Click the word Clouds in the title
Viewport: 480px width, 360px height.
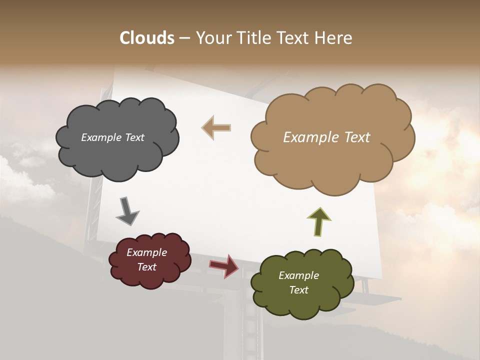point(147,38)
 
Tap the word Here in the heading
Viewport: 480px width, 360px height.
point(334,38)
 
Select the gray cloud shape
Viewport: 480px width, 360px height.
point(117,155)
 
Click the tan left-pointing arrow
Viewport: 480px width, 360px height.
point(216,127)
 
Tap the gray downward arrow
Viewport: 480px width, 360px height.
point(127,210)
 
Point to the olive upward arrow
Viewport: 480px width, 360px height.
point(319,221)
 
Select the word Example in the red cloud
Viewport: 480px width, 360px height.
point(146,252)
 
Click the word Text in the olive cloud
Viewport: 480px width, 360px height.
point(298,290)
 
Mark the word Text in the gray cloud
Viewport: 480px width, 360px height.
point(134,137)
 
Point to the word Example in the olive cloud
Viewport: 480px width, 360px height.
point(298,275)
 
